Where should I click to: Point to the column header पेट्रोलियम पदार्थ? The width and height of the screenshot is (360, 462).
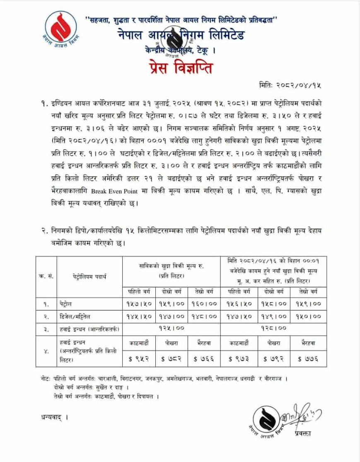pos(89,275)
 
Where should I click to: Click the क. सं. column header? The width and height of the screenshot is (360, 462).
pos(45,275)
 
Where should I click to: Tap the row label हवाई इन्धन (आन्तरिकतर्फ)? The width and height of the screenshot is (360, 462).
pos(89,328)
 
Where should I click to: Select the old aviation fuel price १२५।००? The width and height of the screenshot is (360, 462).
pos(172,328)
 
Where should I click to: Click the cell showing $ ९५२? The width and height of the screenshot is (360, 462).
pos(139,358)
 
